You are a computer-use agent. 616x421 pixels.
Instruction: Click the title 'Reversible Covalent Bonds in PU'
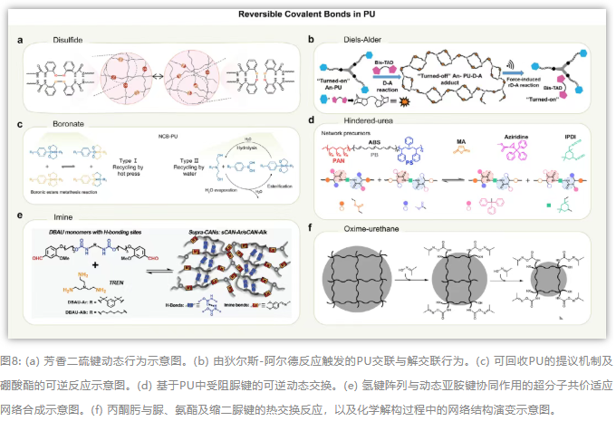tap(308, 14)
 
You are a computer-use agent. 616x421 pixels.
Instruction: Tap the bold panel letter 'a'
tap(20, 40)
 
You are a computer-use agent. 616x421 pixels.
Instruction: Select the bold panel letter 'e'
tap(20, 215)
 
